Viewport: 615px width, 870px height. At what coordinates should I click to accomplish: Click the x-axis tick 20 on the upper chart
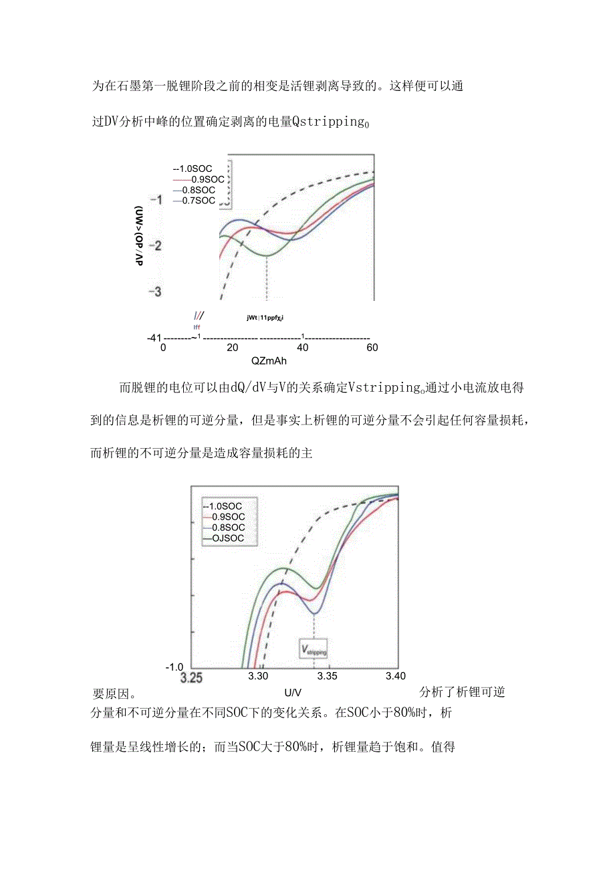point(232,348)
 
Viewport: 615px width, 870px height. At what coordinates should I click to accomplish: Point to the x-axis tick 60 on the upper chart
point(372,348)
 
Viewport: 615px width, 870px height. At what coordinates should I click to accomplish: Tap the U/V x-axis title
point(293,691)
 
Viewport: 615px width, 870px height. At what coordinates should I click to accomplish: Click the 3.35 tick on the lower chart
point(328,676)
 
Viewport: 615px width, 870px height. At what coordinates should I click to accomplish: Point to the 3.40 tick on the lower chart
point(395,676)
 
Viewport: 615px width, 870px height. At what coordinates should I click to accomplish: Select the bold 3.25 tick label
point(191,678)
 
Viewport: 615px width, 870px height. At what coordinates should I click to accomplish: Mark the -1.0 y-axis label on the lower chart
point(173,667)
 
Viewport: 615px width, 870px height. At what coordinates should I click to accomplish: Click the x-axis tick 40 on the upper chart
point(301,348)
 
